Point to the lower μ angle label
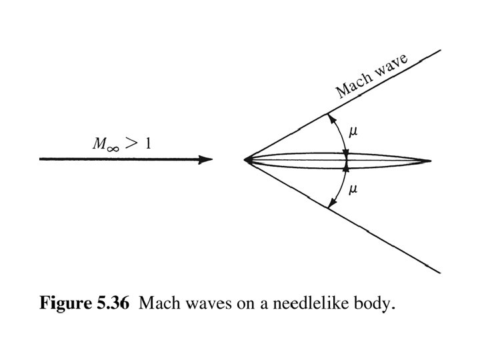(353, 189)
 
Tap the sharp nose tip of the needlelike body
(245, 160)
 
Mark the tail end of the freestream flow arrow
(41, 159)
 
